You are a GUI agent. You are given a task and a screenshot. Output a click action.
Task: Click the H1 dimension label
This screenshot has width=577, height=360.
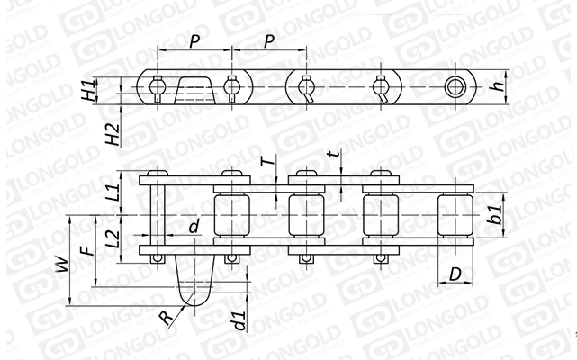click(x=88, y=91)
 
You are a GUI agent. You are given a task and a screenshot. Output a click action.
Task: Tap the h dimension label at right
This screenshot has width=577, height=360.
click(x=498, y=86)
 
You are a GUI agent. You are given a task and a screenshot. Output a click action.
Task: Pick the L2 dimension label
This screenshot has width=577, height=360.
click(x=115, y=238)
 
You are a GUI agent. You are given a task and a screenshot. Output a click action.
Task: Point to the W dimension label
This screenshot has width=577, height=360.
click(x=62, y=265)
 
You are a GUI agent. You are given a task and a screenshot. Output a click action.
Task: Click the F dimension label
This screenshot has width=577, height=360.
click(x=87, y=251)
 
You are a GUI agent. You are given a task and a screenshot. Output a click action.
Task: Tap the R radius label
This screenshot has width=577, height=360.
click(x=166, y=318)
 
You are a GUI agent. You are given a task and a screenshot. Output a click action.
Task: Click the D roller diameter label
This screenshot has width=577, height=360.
click(x=455, y=274)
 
